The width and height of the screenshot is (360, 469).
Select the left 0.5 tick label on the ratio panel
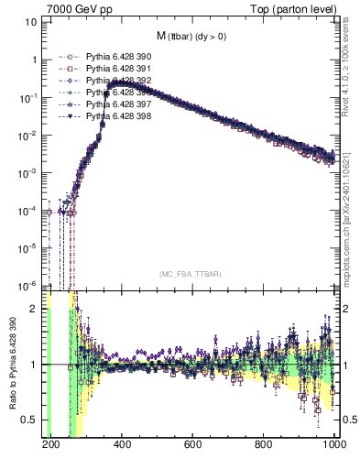point(32,420)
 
